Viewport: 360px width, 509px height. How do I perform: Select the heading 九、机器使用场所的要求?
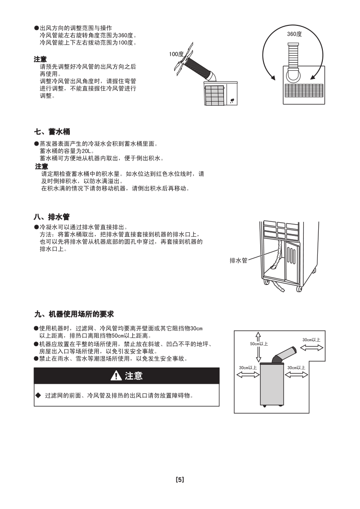pyautogui.click(x=74, y=314)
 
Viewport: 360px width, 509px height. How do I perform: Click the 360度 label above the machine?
pyautogui.click(x=294, y=34)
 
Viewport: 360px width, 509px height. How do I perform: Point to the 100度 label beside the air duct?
pyautogui.click(x=176, y=54)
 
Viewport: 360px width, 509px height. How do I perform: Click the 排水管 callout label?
pyautogui.click(x=238, y=261)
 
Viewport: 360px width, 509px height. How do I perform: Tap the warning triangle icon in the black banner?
pyautogui.click(x=116, y=376)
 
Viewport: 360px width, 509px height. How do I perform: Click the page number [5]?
pyautogui.click(x=180, y=480)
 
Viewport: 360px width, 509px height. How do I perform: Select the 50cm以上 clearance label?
pyautogui.click(x=259, y=344)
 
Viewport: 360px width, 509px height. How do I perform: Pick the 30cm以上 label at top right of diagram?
pyautogui.click(x=311, y=340)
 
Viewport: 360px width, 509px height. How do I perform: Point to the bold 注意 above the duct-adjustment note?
pyautogui.click(x=40, y=59)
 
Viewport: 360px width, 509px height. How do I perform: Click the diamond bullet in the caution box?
pyautogui.click(x=38, y=395)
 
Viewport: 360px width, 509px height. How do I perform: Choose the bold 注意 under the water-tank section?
pyautogui.click(x=42, y=166)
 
